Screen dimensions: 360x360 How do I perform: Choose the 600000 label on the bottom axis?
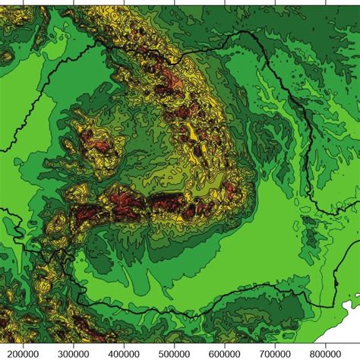coord(225,353)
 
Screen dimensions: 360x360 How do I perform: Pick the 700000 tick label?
coord(275,353)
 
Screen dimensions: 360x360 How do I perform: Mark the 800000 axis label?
coord(325,353)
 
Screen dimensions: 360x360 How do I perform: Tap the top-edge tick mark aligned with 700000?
coord(275,2)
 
